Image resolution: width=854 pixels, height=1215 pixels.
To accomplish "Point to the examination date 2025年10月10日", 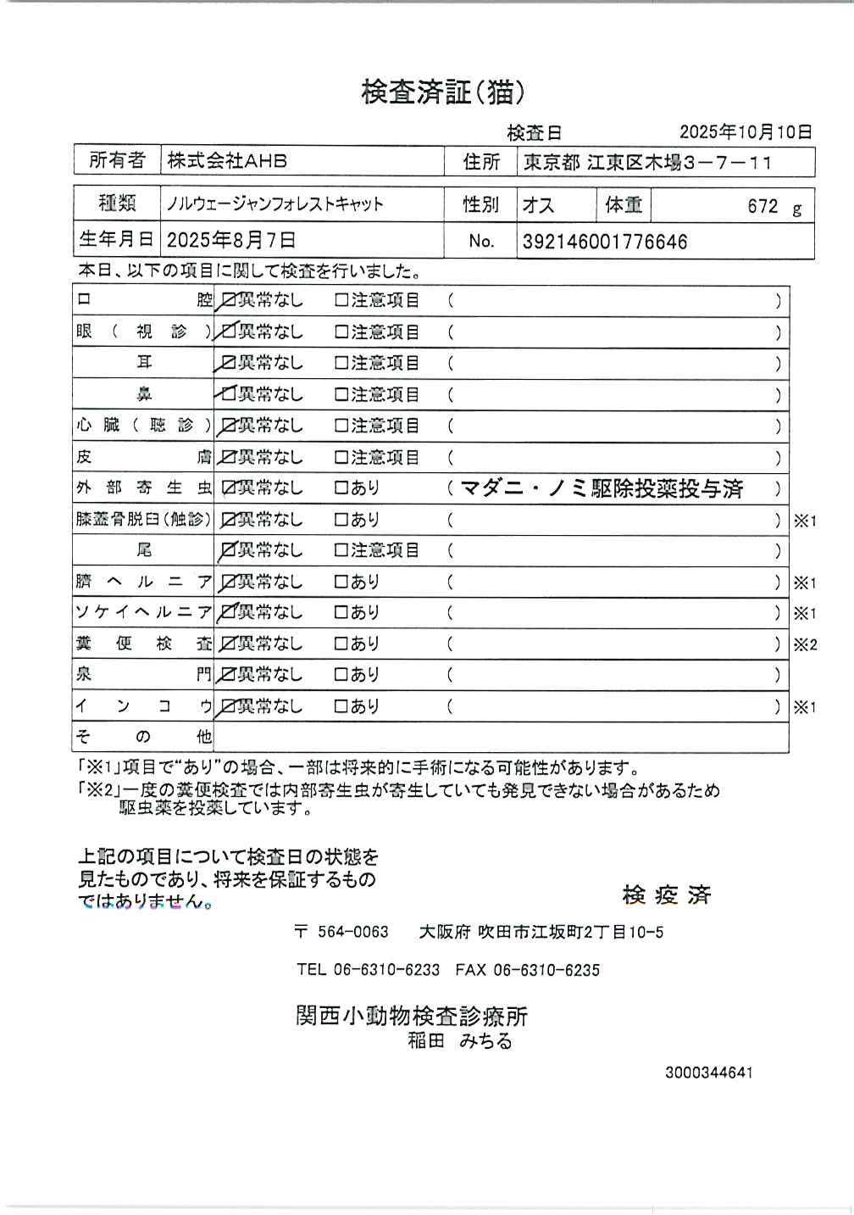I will point(746,131).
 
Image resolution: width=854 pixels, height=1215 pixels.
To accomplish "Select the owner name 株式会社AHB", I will point(227,160).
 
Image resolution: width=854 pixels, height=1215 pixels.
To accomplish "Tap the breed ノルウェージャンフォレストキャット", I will point(275,204).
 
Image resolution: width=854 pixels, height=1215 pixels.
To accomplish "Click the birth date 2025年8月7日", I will point(231,241).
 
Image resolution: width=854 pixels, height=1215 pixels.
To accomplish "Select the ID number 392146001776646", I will point(605,242).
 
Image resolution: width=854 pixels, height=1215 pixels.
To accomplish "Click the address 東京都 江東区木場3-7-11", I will point(647,162).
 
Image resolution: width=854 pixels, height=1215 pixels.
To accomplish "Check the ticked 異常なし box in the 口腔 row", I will point(228,300).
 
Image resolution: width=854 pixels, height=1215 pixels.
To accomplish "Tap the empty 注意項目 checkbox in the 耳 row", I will point(341,363).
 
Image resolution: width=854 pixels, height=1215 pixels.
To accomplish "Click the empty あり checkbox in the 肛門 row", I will point(341,676).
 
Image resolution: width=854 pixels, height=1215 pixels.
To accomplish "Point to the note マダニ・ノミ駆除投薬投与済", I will point(601,488).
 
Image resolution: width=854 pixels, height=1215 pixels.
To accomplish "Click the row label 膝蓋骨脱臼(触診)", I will point(143,520).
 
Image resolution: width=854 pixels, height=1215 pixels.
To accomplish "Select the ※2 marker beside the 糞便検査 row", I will point(804,644).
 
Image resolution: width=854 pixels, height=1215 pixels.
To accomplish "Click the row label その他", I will point(143,737).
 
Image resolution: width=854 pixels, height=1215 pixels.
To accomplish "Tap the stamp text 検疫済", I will point(667,895).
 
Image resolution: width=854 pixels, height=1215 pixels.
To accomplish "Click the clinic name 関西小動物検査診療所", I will point(412,1016).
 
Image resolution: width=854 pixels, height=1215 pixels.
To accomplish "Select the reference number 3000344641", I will point(708,1073).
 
